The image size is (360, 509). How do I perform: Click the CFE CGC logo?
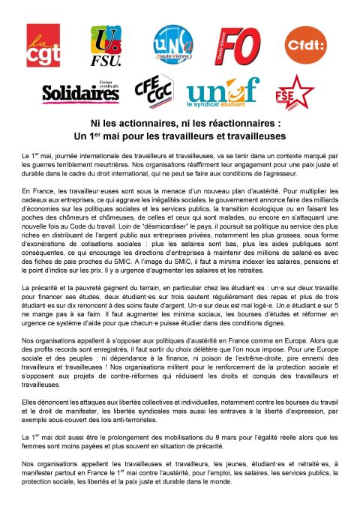click(x=152, y=91)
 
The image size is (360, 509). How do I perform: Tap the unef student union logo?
click(x=222, y=91)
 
